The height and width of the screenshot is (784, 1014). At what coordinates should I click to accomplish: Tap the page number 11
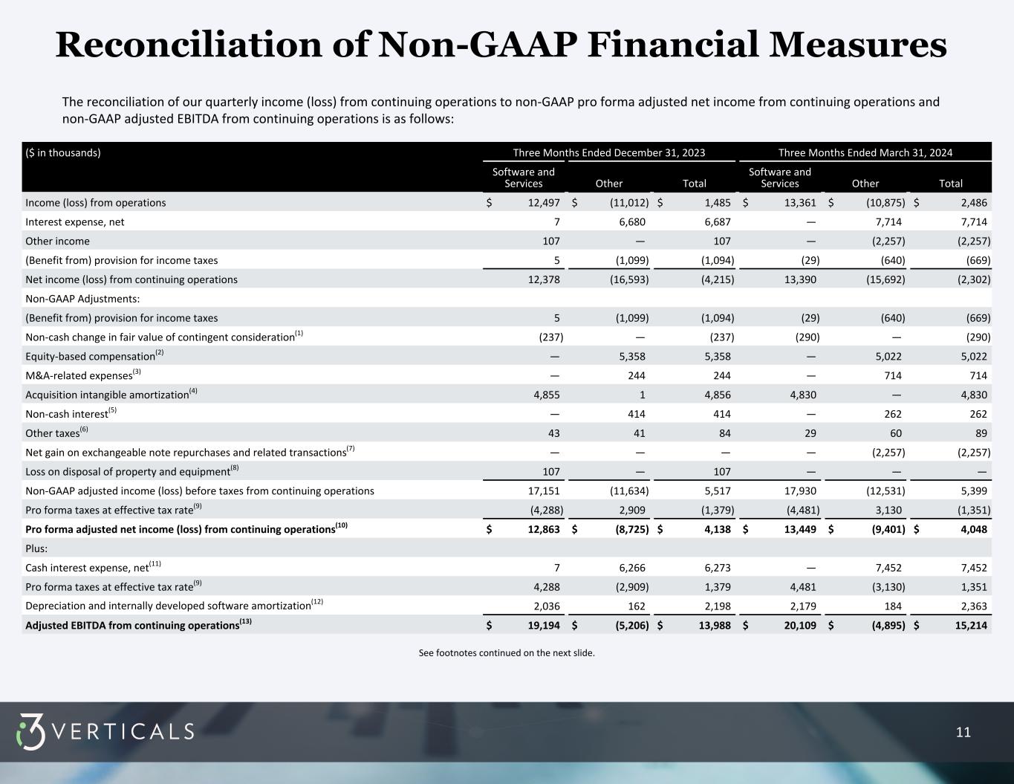[x=963, y=733]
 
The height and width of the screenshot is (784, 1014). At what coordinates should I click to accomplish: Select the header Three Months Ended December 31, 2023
[x=608, y=153]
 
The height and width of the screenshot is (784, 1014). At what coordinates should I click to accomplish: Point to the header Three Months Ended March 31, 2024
[x=865, y=153]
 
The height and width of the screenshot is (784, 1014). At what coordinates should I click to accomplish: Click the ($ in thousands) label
[x=63, y=153]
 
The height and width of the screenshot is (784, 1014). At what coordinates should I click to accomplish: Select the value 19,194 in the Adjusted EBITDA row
[x=544, y=626]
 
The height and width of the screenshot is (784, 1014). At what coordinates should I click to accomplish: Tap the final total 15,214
[x=972, y=626]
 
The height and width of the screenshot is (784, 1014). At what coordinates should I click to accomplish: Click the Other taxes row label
[x=53, y=433]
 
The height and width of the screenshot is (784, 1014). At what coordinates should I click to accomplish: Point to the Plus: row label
[x=36, y=548]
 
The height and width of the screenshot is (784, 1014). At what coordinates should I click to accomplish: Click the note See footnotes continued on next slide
[x=507, y=653]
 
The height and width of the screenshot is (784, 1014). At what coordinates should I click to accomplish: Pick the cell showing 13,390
[x=801, y=279]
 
